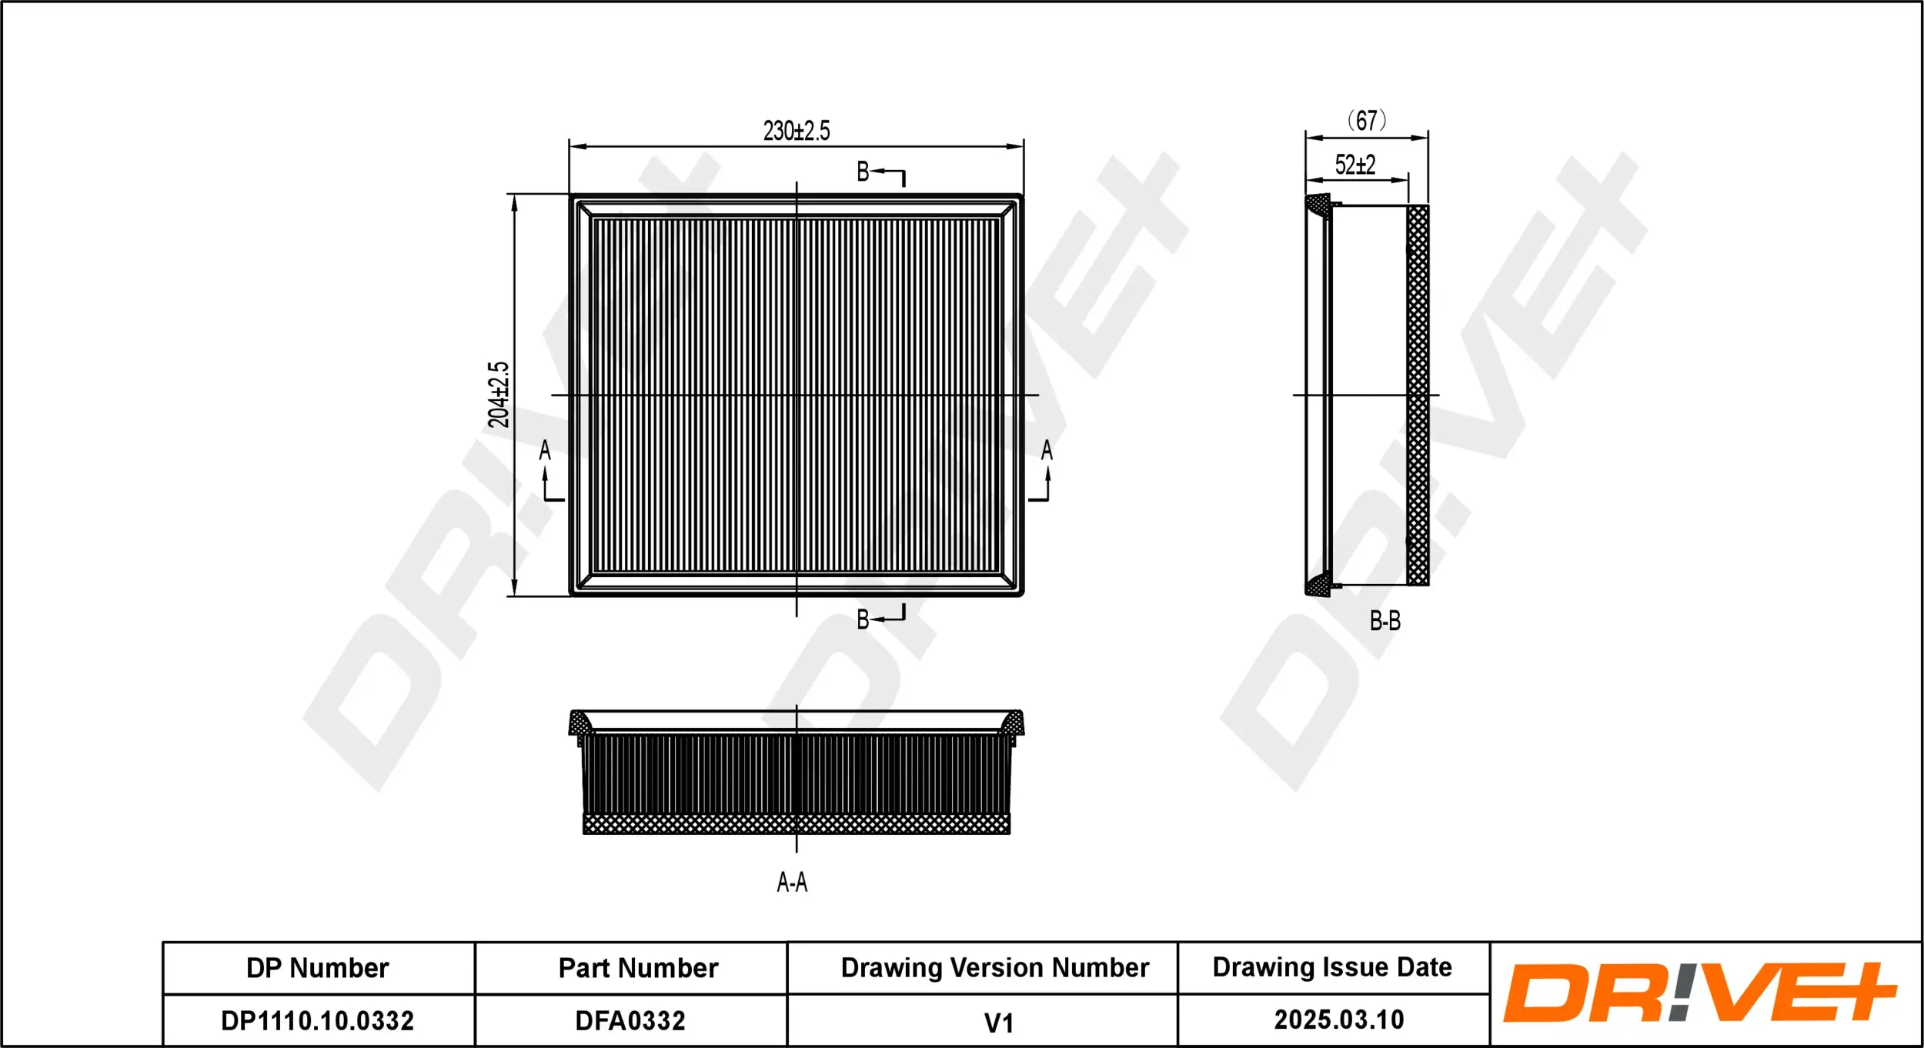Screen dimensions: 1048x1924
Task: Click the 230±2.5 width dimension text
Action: coord(797,131)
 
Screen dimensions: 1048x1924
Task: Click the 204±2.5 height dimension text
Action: coord(499,394)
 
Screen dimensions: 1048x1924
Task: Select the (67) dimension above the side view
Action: coord(1367,121)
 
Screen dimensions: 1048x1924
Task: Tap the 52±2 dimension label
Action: coord(1355,165)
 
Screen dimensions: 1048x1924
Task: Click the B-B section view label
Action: coord(1385,621)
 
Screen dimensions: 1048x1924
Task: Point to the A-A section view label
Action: coord(792,882)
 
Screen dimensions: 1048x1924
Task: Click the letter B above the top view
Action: coord(863,172)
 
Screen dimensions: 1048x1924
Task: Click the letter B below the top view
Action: coord(863,619)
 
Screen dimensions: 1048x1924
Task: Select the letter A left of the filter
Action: coord(545,450)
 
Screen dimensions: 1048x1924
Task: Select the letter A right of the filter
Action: coord(1047,450)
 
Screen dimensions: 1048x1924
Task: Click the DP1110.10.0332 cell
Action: coord(318,1020)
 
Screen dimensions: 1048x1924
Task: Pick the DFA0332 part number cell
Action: coord(630,1020)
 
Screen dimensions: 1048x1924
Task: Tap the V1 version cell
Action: coord(998,1023)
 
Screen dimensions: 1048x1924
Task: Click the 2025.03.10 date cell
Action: coord(1338,1020)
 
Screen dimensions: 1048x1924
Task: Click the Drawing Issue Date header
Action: coord(1332,967)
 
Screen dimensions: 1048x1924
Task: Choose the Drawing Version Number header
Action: coord(994,968)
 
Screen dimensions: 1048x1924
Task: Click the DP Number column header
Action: coord(317,968)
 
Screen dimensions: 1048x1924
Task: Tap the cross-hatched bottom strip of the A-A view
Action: coord(796,825)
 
